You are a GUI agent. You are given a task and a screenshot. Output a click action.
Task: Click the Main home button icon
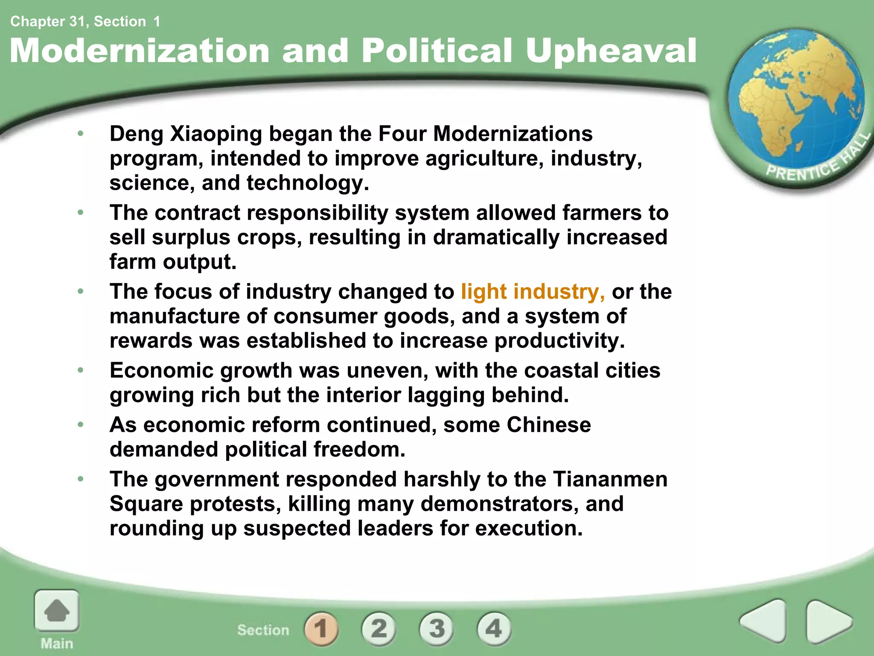coord(57,611)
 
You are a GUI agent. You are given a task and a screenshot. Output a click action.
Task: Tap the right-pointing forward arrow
coord(828,621)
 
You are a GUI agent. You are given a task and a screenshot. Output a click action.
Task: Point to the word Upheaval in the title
coord(611,51)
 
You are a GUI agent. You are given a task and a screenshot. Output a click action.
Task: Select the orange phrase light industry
coord(533,292)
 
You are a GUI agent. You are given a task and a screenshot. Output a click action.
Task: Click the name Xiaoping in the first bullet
coord(216,134)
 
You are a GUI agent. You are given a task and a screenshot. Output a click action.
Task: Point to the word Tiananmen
coord(610,479)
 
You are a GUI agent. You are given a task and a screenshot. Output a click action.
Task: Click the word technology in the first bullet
coord(307,183)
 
